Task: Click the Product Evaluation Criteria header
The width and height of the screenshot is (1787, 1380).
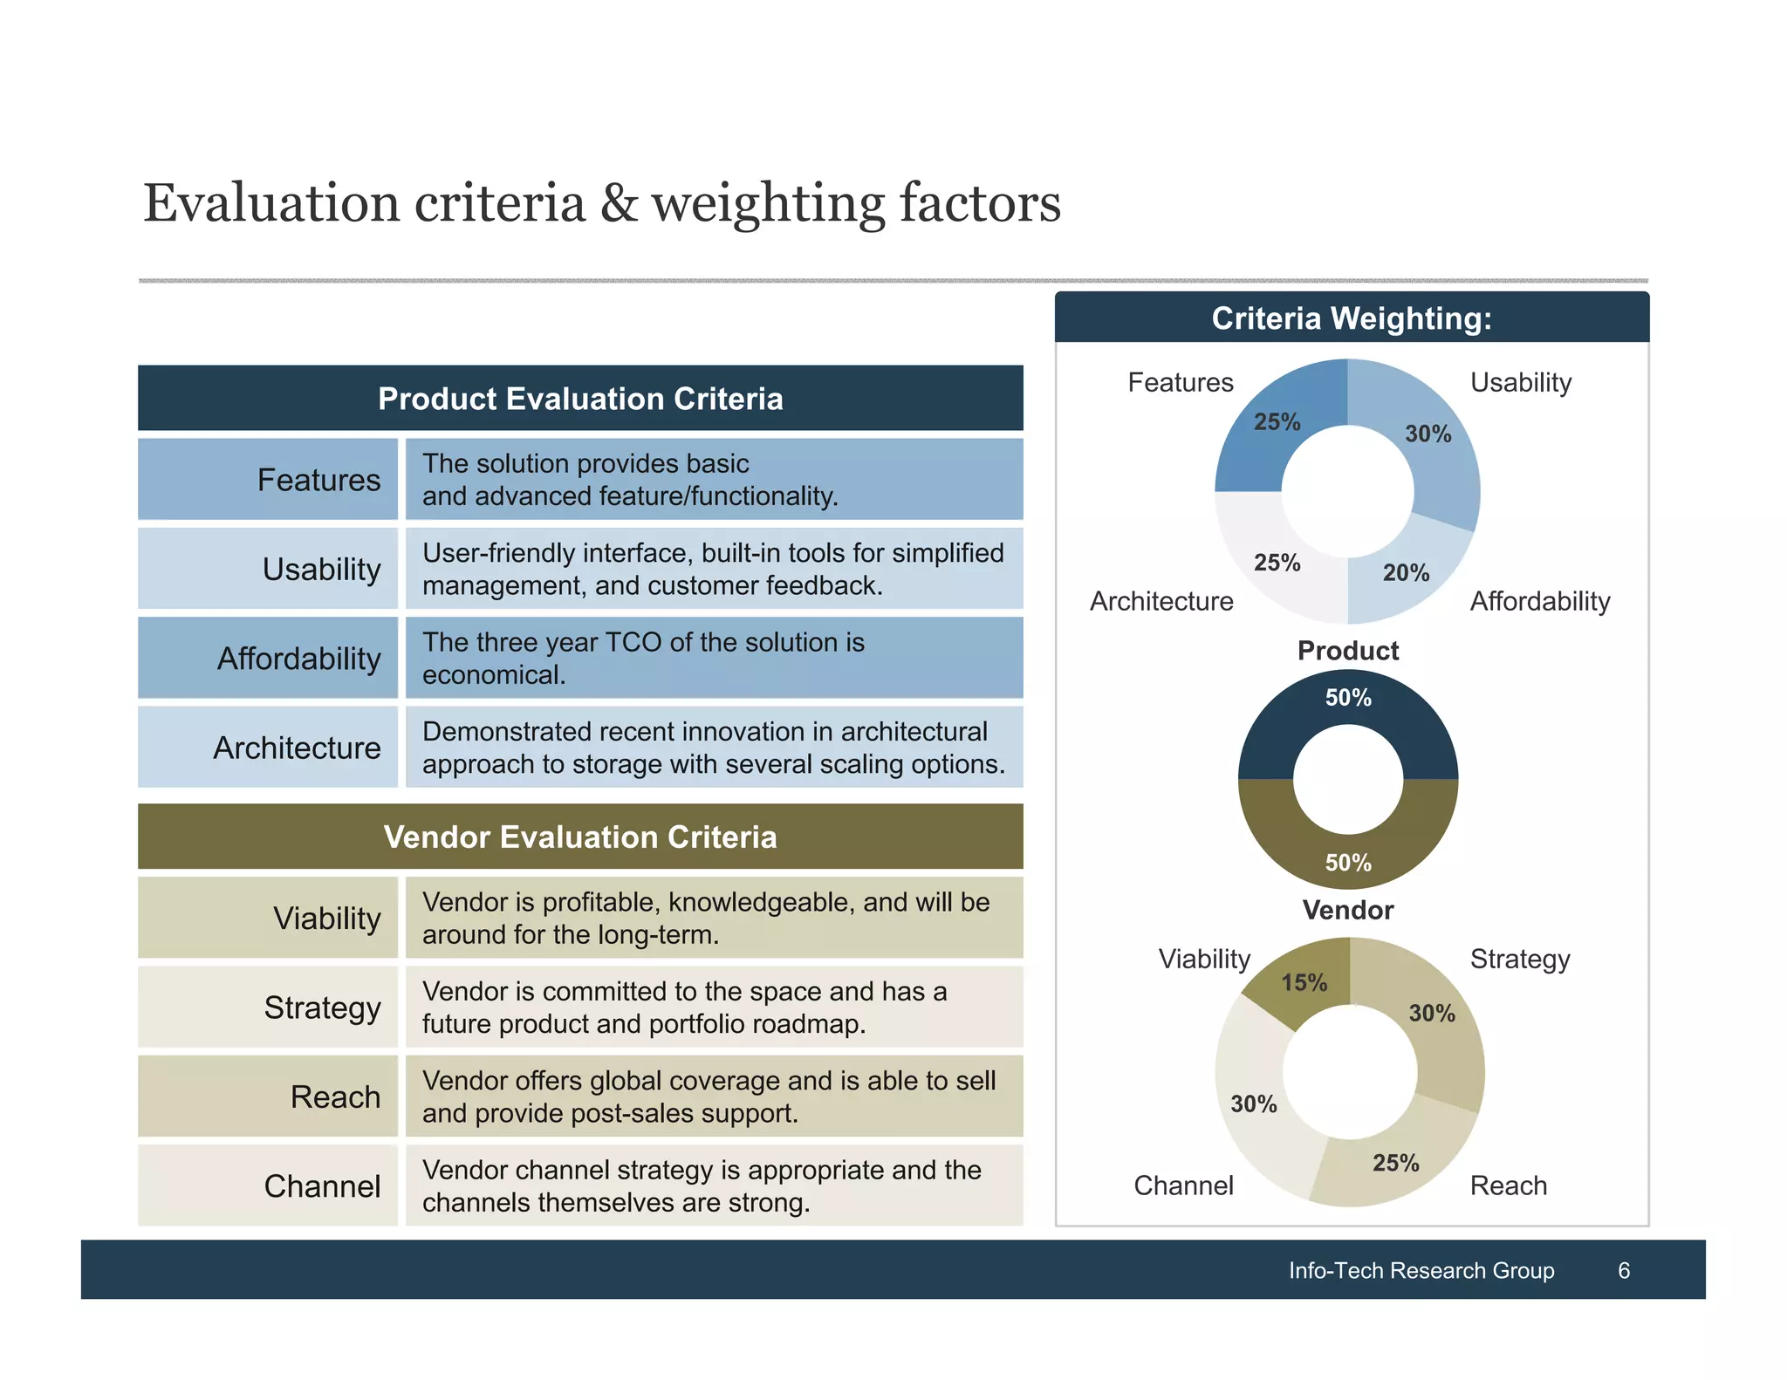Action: click(x=580, y=399)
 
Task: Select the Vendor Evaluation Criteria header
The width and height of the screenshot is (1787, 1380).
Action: click(x=580, y=837)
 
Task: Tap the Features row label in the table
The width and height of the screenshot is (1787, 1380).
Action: click(x=318, y=480)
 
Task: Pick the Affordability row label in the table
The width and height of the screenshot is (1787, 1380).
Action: click(x=298, y=659)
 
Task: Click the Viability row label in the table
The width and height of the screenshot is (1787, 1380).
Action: click(x=326, y=919)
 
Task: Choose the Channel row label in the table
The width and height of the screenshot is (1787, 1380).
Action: click(x=322, y=1186)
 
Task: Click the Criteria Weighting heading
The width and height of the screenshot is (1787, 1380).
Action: click(x=1351, y=318)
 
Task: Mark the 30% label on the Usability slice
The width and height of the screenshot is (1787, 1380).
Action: click(x=1428, y=434)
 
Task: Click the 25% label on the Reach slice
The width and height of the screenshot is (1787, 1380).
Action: click(x=1395, y=1163)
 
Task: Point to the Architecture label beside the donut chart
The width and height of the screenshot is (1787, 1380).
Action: click(x=1161, y=601)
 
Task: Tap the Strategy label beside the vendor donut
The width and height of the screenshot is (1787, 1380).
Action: click(x=1519, y=959)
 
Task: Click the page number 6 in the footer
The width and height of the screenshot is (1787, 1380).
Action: click(x=1623, y=1270)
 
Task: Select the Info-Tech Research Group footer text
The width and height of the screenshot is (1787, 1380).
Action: click(x=1421, y=1270)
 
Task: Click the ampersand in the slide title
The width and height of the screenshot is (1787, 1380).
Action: click(x=618, y=203)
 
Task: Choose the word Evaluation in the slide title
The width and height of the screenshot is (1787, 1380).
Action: click(x=270, y=203)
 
